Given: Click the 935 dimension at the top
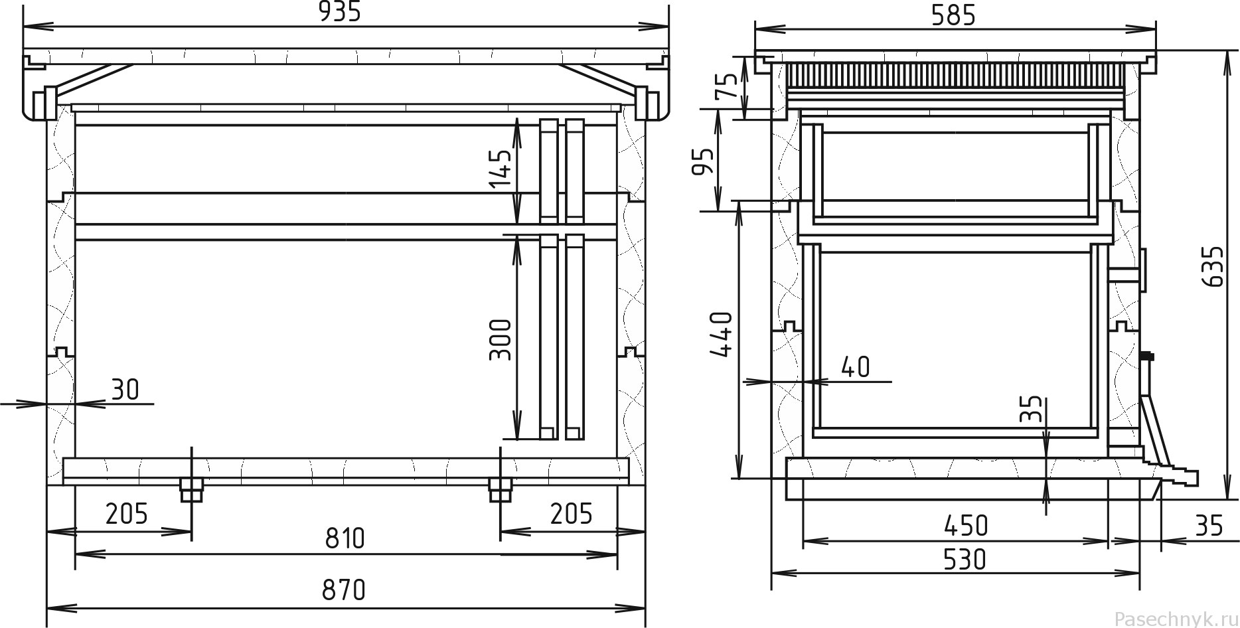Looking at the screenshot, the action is [340, 12].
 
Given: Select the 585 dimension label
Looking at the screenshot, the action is [955, 15].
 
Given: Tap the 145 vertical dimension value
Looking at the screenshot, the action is [501, 169].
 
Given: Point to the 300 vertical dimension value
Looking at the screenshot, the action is [501, 339].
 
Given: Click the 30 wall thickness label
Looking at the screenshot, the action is [125, 390].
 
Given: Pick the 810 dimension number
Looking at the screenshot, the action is [345, 538].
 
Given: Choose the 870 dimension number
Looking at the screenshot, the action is [344, 589].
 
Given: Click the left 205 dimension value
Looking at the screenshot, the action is [126, 513].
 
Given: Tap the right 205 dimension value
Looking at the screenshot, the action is [571, 513].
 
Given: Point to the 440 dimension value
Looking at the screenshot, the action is [722, 334].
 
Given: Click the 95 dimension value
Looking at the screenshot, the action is [704, 160].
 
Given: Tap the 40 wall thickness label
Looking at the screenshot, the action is [856, 367].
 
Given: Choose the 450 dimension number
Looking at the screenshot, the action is [967, 526].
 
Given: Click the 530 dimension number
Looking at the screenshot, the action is [965, 560].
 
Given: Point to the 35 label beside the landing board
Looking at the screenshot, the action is [1209, 526].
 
